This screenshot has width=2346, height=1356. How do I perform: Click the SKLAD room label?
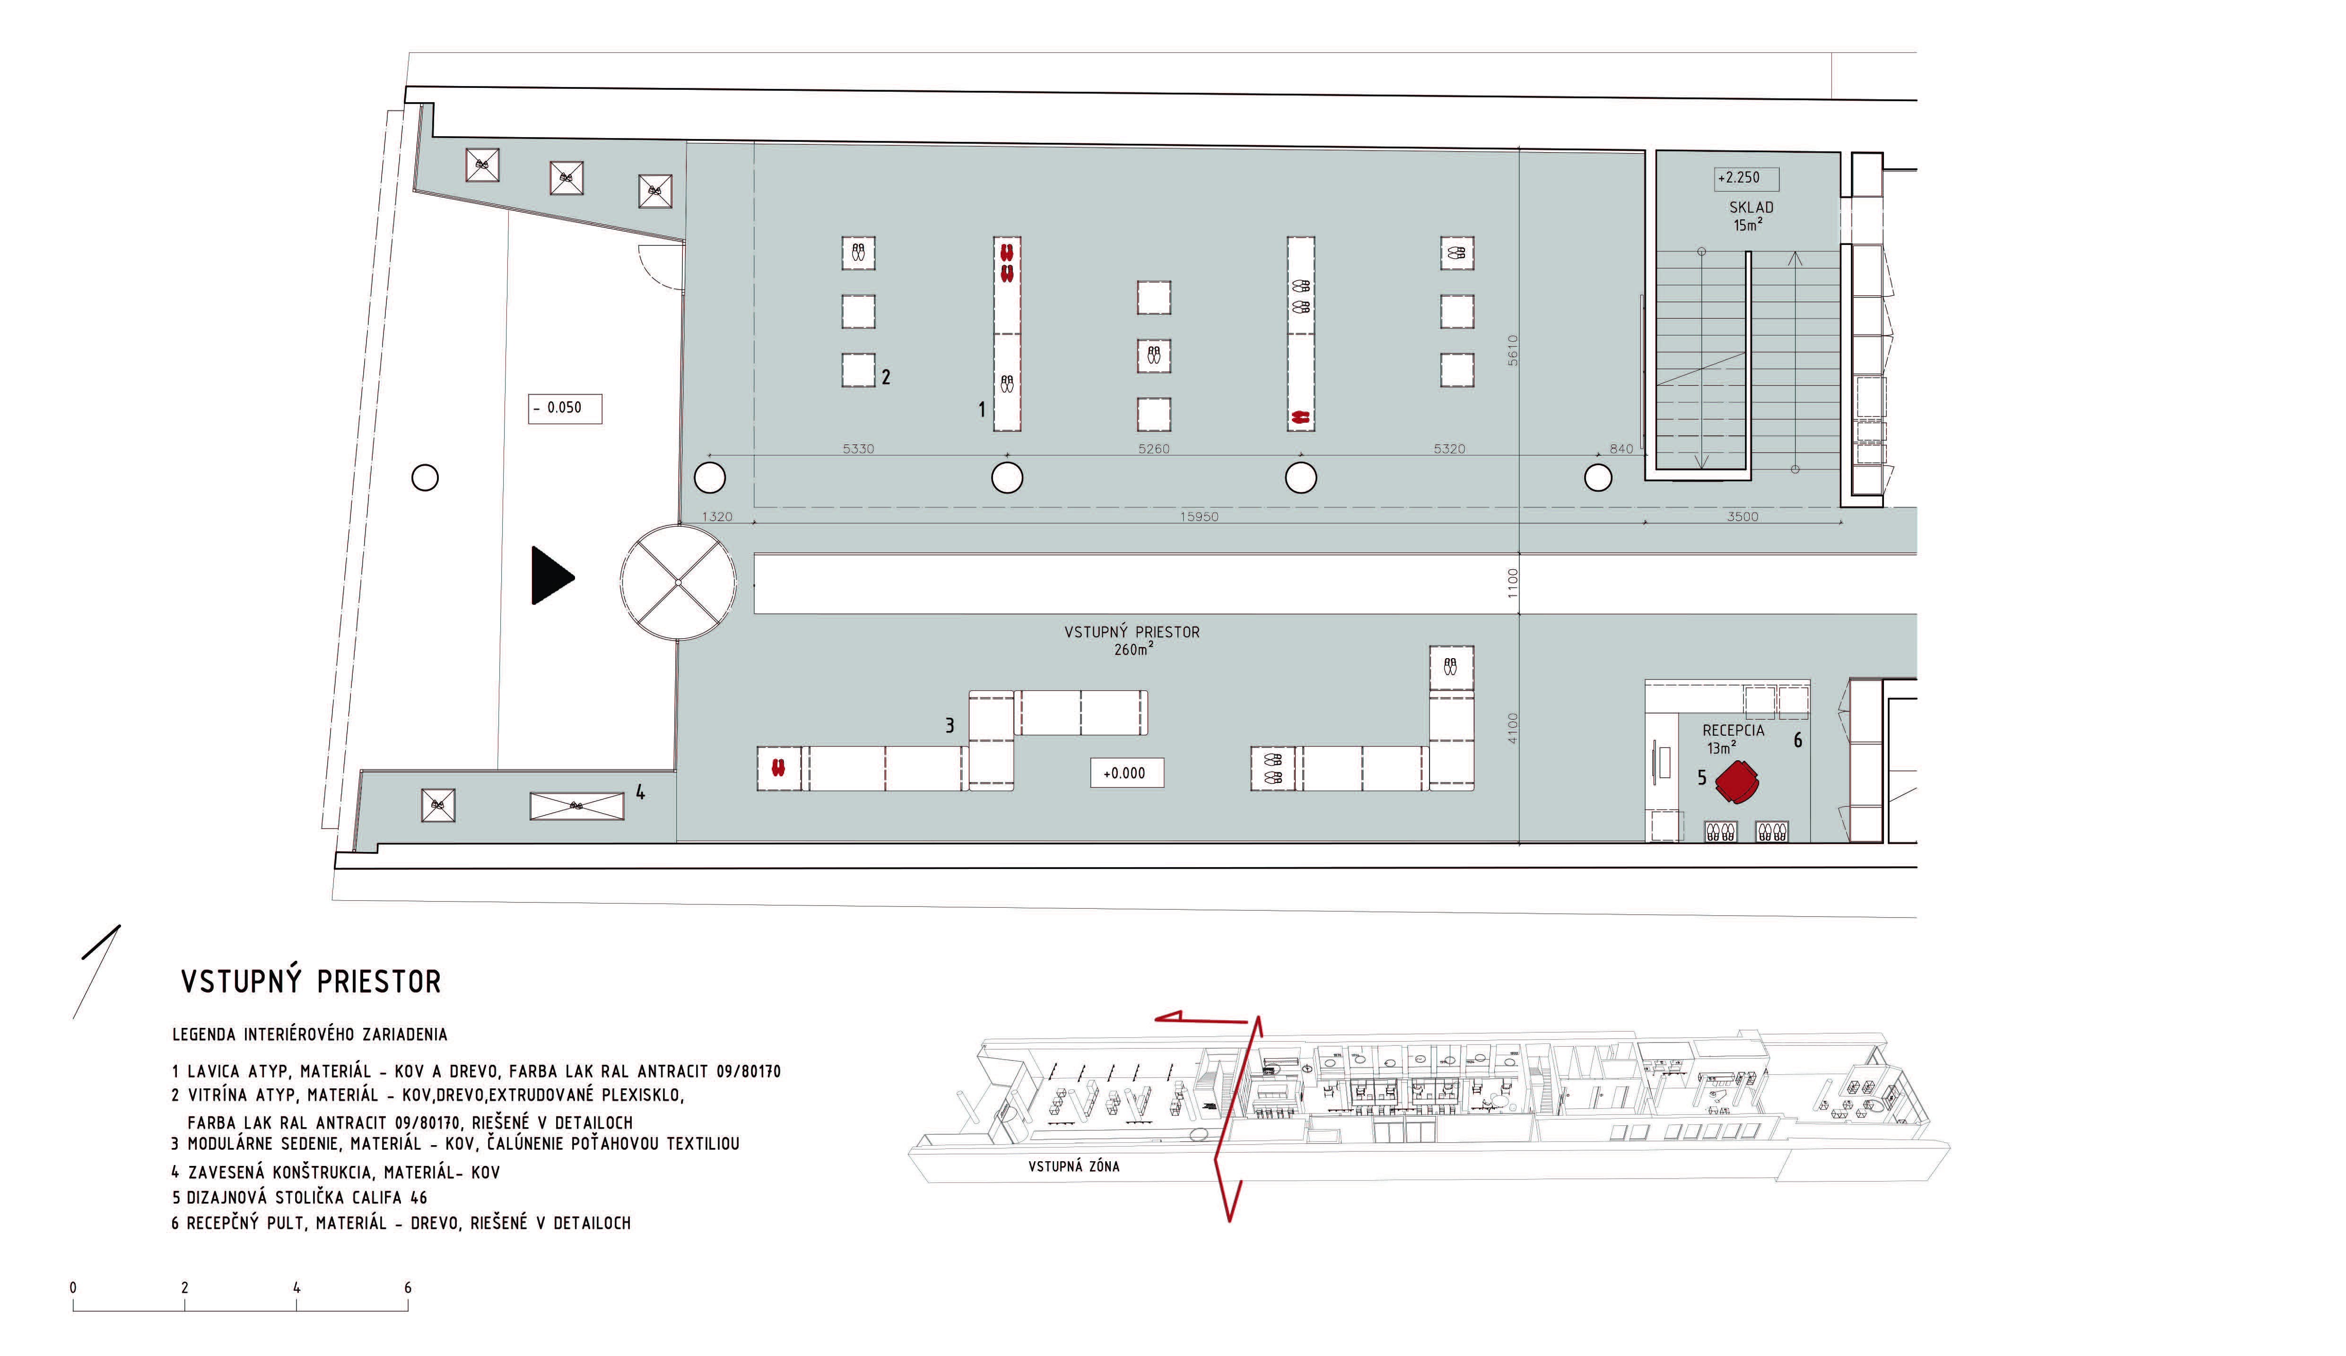coord(1751,208)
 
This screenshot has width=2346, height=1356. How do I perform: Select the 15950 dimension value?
coord(1199,516)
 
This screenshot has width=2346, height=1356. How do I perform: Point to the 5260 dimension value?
coord(1153,449)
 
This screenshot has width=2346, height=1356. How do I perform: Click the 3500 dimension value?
coord(1743,516)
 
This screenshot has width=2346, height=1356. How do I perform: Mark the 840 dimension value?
coord(1622,449)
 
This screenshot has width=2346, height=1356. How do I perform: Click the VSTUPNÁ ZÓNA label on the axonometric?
coord(1073,1166)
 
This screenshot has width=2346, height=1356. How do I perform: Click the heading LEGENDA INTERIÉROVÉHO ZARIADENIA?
coord(310,1034)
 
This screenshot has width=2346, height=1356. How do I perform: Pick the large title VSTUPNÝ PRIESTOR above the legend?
coord(311,982)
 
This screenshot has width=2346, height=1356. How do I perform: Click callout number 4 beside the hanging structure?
coord(640,792)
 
